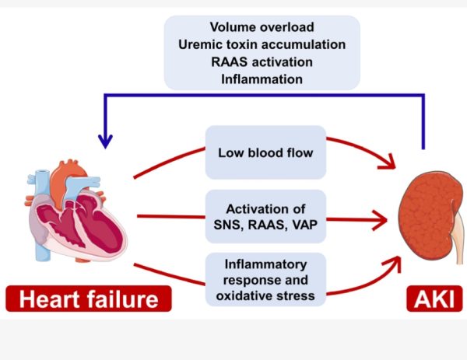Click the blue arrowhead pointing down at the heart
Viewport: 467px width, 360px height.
click(x=105, y=142)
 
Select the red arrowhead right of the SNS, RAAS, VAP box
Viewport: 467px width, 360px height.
click(x=381, y=221)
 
